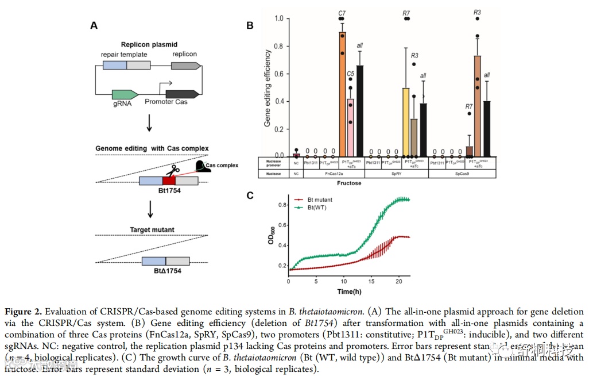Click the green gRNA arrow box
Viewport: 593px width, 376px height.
[x=125, y=95]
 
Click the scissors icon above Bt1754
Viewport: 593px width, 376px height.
[x=172, y=169]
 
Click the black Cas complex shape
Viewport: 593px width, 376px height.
[x=203, y=166]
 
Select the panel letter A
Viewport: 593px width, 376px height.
[x=94, y=25]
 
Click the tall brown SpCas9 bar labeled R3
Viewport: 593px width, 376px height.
[x=477, y=106]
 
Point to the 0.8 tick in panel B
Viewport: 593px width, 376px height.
[x=280, y=46]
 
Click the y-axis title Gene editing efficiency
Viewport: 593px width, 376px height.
[x=268, y=88]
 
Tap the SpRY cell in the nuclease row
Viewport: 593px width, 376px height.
[x=396, y=172]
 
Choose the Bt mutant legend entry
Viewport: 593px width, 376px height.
[x=315, y=199]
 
